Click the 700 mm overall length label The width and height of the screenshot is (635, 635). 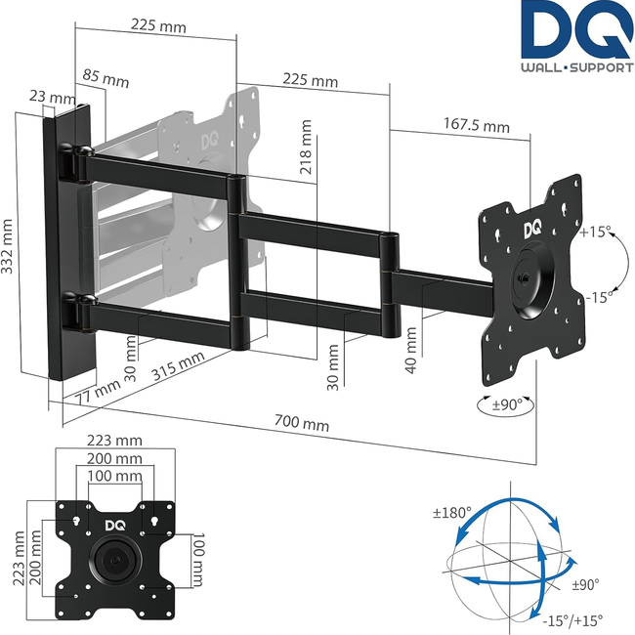[301, 424]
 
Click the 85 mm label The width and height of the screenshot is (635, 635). [106, 77]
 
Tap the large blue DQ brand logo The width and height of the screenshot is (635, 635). [575, 32]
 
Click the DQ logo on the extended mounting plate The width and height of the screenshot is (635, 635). [531, 229]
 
